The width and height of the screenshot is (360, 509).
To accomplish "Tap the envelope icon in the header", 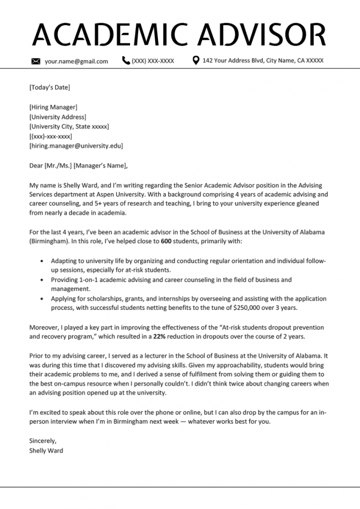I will (x=36, y=61).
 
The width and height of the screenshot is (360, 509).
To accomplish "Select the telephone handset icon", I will (x=126, y=61).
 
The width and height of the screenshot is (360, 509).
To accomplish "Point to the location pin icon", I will (x=196, y=61).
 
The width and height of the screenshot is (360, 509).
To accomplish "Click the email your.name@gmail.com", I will (x=76, y=61).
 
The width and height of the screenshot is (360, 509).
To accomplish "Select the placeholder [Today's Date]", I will (x=49, y=87).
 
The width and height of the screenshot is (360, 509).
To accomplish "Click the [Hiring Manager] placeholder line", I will (x=53, y=107).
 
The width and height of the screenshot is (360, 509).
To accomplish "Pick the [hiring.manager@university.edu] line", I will (x=76, y=146).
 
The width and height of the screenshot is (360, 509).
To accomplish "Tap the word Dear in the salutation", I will (x=37, y=165).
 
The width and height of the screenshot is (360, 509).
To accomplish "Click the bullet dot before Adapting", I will (x=43, y=261).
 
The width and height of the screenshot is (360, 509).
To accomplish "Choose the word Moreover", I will (x=44, y=327).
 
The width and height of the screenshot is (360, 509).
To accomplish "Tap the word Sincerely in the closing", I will (x=43, y=441).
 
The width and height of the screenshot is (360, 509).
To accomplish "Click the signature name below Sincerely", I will (x=46, y=450).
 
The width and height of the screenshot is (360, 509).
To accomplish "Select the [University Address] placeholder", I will (x=57, y=117).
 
